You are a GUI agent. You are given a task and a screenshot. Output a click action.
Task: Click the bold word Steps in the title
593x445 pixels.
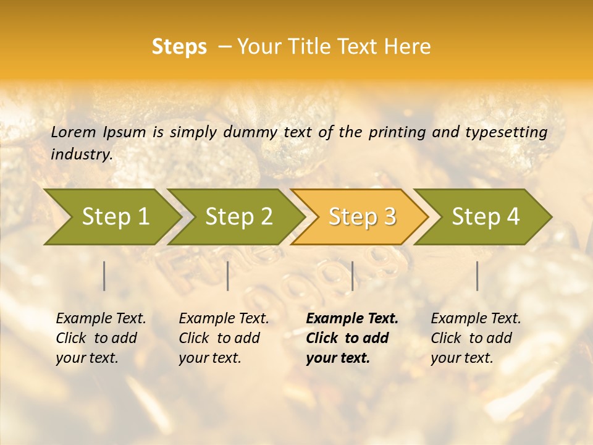click(x=179, y=47)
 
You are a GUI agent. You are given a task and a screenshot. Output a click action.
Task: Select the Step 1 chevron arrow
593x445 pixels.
click(x=115, y=216)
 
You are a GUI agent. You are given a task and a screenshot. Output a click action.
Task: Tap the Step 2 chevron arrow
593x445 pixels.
click(x=238, y=216)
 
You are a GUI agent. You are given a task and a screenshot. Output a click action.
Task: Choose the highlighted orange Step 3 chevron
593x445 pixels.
click(x=362, y=216)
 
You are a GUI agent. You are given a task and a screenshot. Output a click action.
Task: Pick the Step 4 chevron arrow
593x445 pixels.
click(x=486, y=216)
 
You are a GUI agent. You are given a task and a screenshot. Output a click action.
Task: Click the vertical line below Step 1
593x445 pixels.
click(x=104, y=276)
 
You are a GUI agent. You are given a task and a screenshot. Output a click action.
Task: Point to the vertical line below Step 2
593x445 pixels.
click(x=228, y=276)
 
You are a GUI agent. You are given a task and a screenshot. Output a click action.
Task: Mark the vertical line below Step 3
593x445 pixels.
click(x=353, y=276)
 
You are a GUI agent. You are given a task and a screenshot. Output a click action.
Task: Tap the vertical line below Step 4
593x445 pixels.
click(x=477, y=276)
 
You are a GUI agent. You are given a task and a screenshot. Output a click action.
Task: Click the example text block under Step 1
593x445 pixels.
click(x=101, y=338)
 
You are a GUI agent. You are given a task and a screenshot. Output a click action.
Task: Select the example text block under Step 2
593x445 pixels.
click(x=224, y=338)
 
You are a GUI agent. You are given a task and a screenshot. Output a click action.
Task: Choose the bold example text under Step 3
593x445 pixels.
click(x=352, y=338)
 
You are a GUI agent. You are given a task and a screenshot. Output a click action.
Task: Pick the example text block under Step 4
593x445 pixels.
click(x=476, y=338)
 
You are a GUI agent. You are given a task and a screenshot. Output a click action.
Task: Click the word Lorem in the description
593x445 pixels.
click(x=74, y=132)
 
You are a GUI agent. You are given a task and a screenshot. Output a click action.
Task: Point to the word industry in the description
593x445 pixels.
click(x=82, y=155)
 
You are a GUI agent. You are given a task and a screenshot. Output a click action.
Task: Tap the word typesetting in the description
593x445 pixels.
click(x=506, y=132)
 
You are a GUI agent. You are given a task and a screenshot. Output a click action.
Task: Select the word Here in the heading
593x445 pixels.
click(x=410, y=47)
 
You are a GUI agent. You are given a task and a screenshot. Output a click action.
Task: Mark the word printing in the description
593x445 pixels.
click(x=395, y=132)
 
